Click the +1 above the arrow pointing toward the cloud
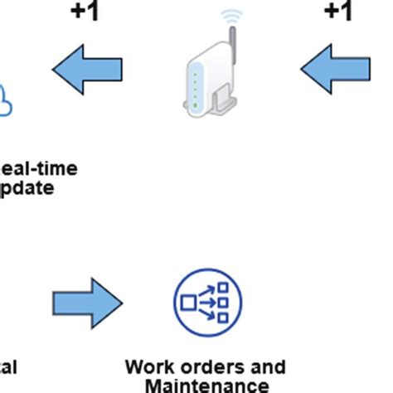[x=83, y=12]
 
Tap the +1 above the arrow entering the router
[x=337, y=12]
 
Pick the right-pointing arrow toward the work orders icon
[x=86, y=303]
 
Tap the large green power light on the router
[x=196, y=105]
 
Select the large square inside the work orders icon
[x=188, y=301]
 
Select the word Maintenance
[x=206, y=385]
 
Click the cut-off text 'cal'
[x=8, y=366]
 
